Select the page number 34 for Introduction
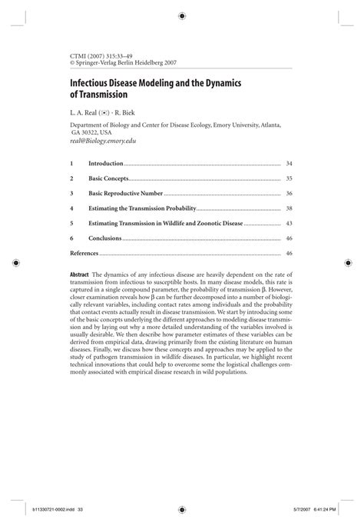tap(289, 164)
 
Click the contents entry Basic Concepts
tap(108, 178)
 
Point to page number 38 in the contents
tap(289, 208)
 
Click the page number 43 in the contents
tap(289, 223)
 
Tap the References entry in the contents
tap(84, 253)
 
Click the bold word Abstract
tap(79, 275)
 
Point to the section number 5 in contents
tap(71, 223)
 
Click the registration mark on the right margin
tap(350, 263)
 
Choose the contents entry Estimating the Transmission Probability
tap(143, 208)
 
